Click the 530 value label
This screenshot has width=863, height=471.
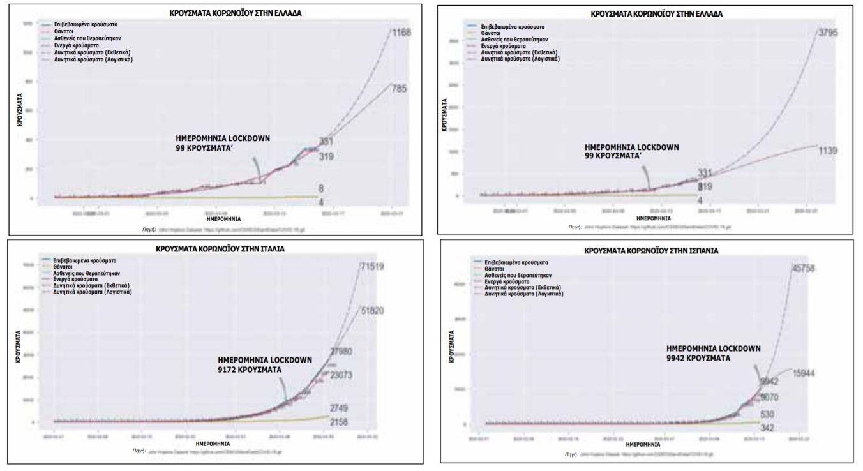769,415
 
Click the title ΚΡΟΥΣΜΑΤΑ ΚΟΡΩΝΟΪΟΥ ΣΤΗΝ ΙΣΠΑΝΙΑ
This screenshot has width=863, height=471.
651,251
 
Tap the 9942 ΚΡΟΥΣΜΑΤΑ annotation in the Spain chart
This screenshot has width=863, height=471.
698,359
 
